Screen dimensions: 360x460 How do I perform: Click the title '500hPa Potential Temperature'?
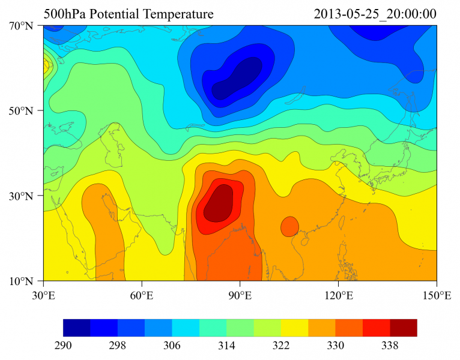pos(129,14)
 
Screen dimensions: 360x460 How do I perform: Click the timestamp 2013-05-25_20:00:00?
pos(375,14)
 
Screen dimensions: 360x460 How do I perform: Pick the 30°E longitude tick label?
pos(43,295)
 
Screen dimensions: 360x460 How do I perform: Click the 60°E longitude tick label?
pos(142,295)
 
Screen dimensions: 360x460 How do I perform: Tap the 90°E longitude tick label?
pos(240,295)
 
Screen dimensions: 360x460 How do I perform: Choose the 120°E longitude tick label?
pos(338,295)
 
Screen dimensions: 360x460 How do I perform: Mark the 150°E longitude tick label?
pos(437,295)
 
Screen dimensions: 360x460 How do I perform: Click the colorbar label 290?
pos(63,346)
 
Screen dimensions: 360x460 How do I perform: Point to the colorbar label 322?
pos(281,346)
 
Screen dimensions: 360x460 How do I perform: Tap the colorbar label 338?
pos(390,346)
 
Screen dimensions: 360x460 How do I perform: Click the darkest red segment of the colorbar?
pos(404,328)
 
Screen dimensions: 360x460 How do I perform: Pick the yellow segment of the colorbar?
pos(295,328)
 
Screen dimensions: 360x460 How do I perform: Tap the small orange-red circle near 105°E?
pos(289,226)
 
